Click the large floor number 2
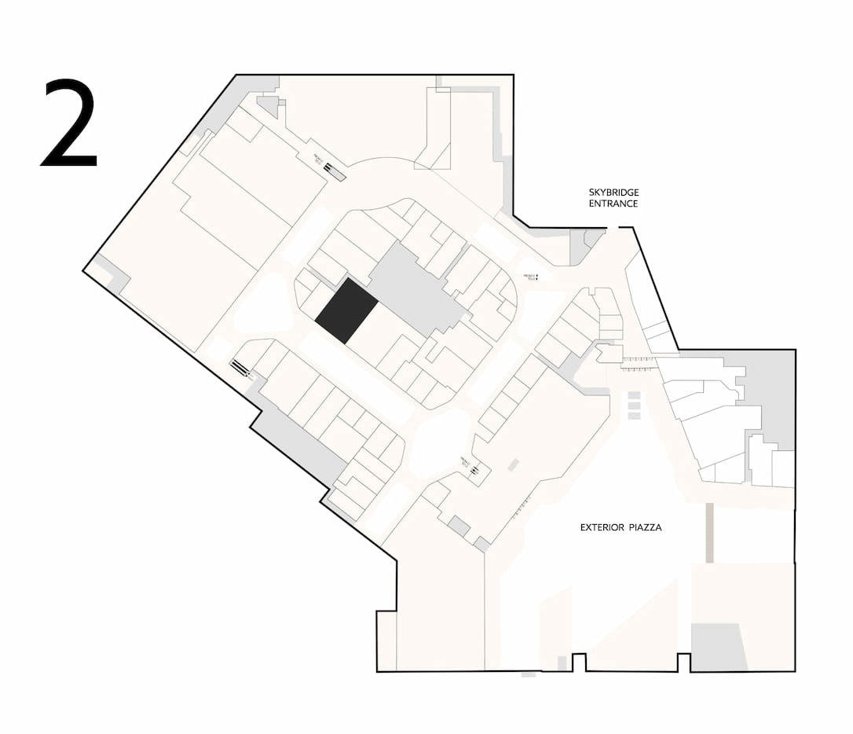click(x=69, y=123)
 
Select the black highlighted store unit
click(x=346, y=310)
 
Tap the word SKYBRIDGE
click(x=613, y=193)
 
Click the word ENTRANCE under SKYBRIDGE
click(x=613, y=204)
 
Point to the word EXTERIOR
click(x=601, y=527)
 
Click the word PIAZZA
click(x=645, y=527)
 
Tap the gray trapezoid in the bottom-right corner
click(x=717, y=648)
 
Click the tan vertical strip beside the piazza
click(x=709, y=533)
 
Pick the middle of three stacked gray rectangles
click(x=634, y=406)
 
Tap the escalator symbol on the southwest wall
click(x=240, y=367)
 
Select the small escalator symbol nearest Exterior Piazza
click(x=474, y=470)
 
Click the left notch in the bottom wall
click(x=580, y=662)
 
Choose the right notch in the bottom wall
click(x=683, y=662)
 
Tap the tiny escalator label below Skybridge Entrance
click(x=532, y=277)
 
